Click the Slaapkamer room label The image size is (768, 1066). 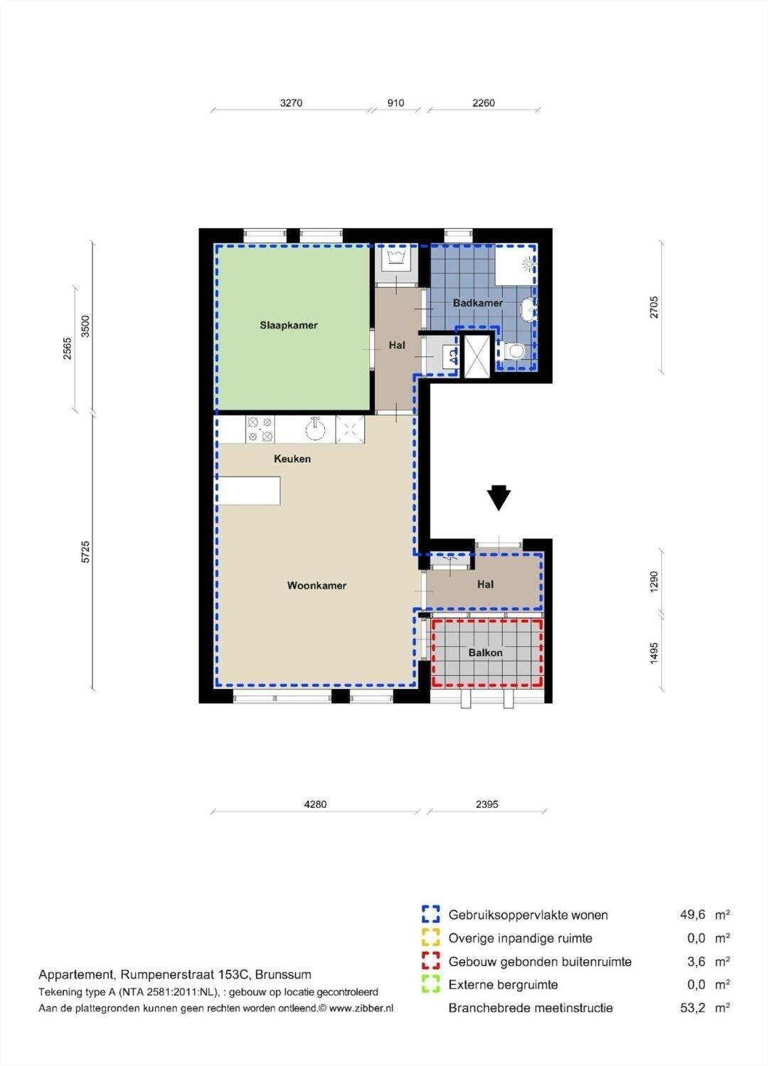(x=289, y=326)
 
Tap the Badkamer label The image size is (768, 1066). (x=477, y=303)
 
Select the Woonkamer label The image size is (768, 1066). (x=316, y=586)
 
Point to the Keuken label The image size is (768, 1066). (x=292, y=459)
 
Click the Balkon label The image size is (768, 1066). (x=485, y=653)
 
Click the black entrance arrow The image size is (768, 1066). (x=498, y=498)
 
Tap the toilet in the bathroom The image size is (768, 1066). (x=514, y=352)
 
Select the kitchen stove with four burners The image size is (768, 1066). (x=260, y=430)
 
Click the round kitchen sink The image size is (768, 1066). (x=315, y=429)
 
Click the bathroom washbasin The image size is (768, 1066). (x=528, y=309)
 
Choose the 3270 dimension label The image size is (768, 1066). (x=291, y=103)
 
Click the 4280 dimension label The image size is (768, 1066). (x=315, y=804)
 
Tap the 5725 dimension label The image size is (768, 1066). (x=85, y=552)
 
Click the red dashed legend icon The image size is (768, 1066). (x=431, y=961)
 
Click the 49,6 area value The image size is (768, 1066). (x=693, y=915)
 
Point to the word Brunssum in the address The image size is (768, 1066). (x=283, y=974)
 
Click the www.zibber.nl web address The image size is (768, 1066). (x=361, y=1008)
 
